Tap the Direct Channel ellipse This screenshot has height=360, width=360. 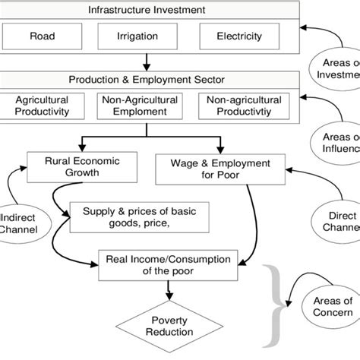336,221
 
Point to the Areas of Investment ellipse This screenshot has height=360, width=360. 336,69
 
